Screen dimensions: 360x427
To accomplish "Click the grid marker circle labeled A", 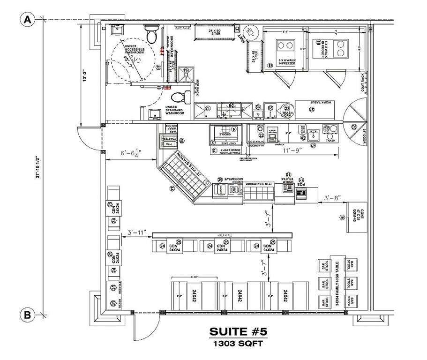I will (x=28, y=20).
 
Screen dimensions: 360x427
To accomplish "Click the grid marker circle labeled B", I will (x=28, y=315).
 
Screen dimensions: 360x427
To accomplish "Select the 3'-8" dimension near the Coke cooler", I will (x=332, y=199).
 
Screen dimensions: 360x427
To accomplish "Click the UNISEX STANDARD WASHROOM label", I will (x=174, y=110).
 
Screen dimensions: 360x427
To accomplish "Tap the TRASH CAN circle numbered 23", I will (x=286, y=112).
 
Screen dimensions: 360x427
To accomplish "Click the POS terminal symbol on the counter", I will (x=300, y=193).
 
